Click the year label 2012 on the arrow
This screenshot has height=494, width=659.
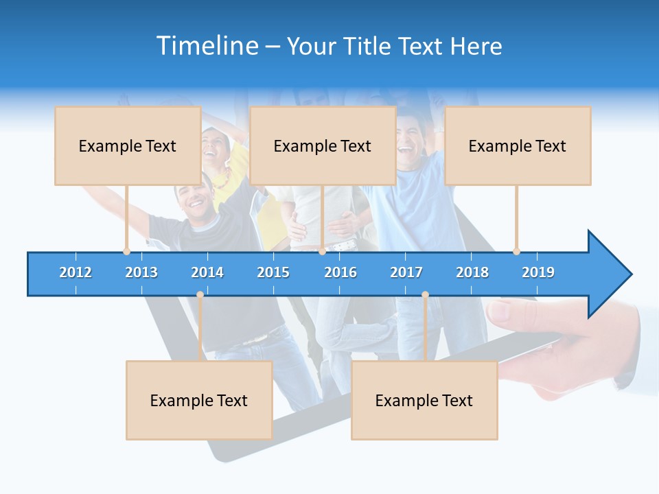click(76, 272)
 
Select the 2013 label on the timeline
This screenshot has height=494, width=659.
click(141, 272)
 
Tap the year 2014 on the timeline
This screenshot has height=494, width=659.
click(207, 272)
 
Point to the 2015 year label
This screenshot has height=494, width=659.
click(273, 272)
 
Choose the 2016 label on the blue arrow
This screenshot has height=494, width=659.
click(340, 272)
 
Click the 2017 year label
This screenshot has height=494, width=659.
click(406, 272)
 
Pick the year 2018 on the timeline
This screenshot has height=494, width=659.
click(472, 272)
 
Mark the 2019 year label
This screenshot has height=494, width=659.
click(538, 272)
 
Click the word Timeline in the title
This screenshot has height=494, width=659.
click(207, 46)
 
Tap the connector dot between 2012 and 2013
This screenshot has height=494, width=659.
click(126, 251)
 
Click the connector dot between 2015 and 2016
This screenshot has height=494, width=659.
click(322, 251)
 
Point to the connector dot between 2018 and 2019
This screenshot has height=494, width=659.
click(516, 251)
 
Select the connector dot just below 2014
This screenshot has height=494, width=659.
click(200, 295)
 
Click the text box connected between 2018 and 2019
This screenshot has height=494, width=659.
click(518, 145)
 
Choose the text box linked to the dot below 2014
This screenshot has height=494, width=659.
click(199, 400)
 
